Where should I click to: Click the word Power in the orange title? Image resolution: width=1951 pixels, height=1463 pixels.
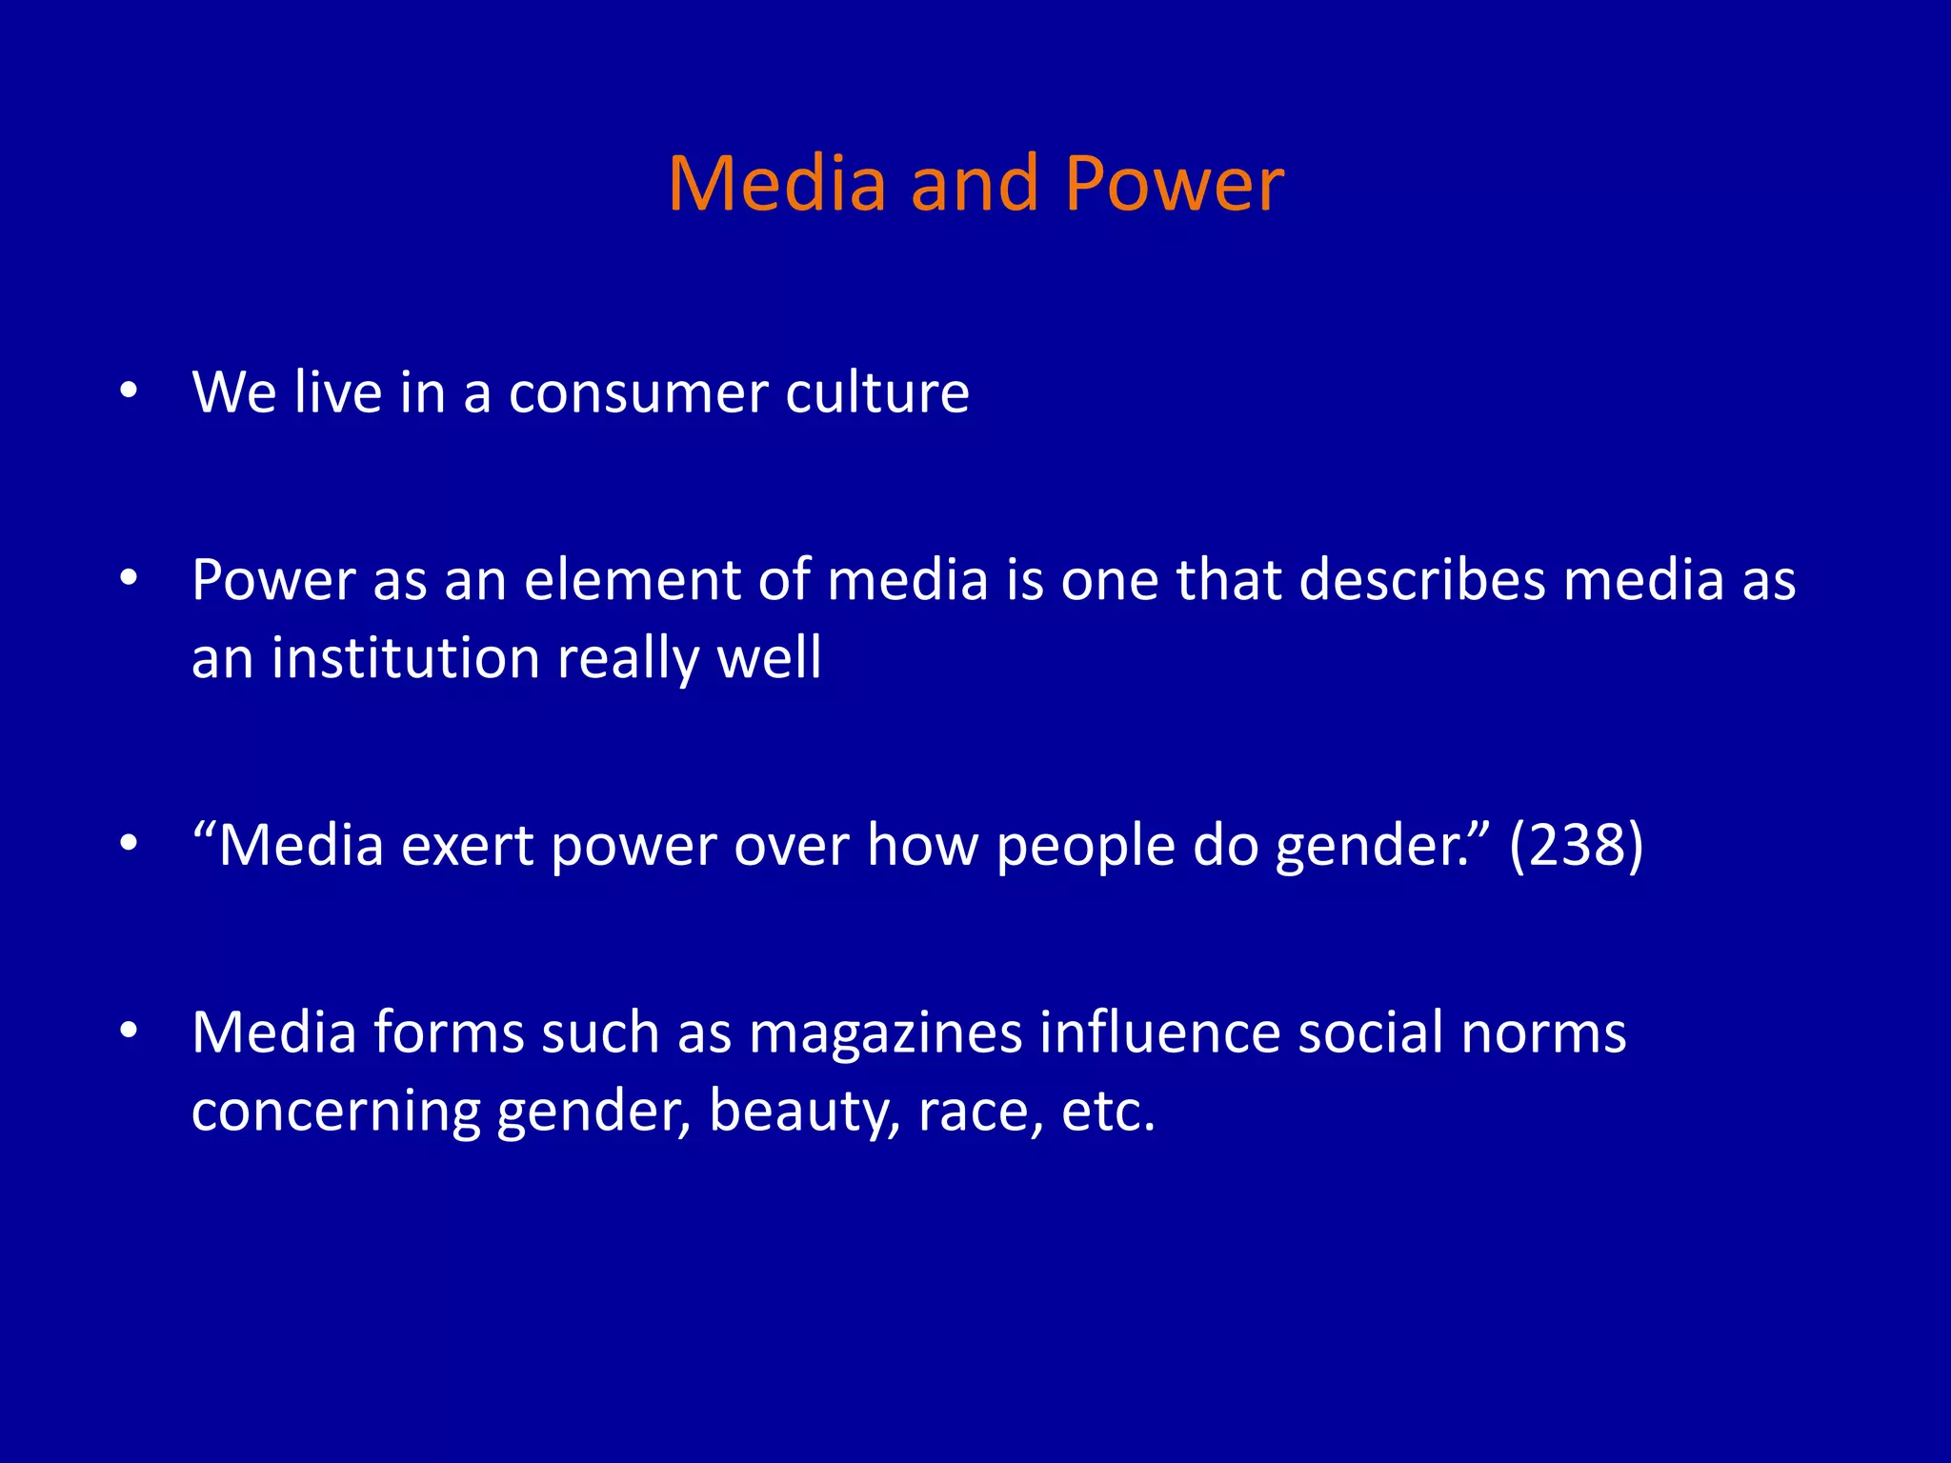[x=1174, y=183]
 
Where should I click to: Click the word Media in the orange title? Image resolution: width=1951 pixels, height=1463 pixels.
[x=777, y=183]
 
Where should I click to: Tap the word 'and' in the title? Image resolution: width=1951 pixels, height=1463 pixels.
[x=974, y=183]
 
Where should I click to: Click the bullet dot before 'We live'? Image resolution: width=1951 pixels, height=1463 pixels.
[x=130, y=391]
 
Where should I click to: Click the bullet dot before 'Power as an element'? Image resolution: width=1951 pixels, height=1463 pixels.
[x=130, y=578]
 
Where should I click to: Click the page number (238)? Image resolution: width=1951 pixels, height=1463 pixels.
[x=1577, y=845]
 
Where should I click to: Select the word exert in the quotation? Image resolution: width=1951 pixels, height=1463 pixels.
[x=466, y=846]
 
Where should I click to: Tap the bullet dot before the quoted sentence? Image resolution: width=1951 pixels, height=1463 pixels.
[x=130, y=843]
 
